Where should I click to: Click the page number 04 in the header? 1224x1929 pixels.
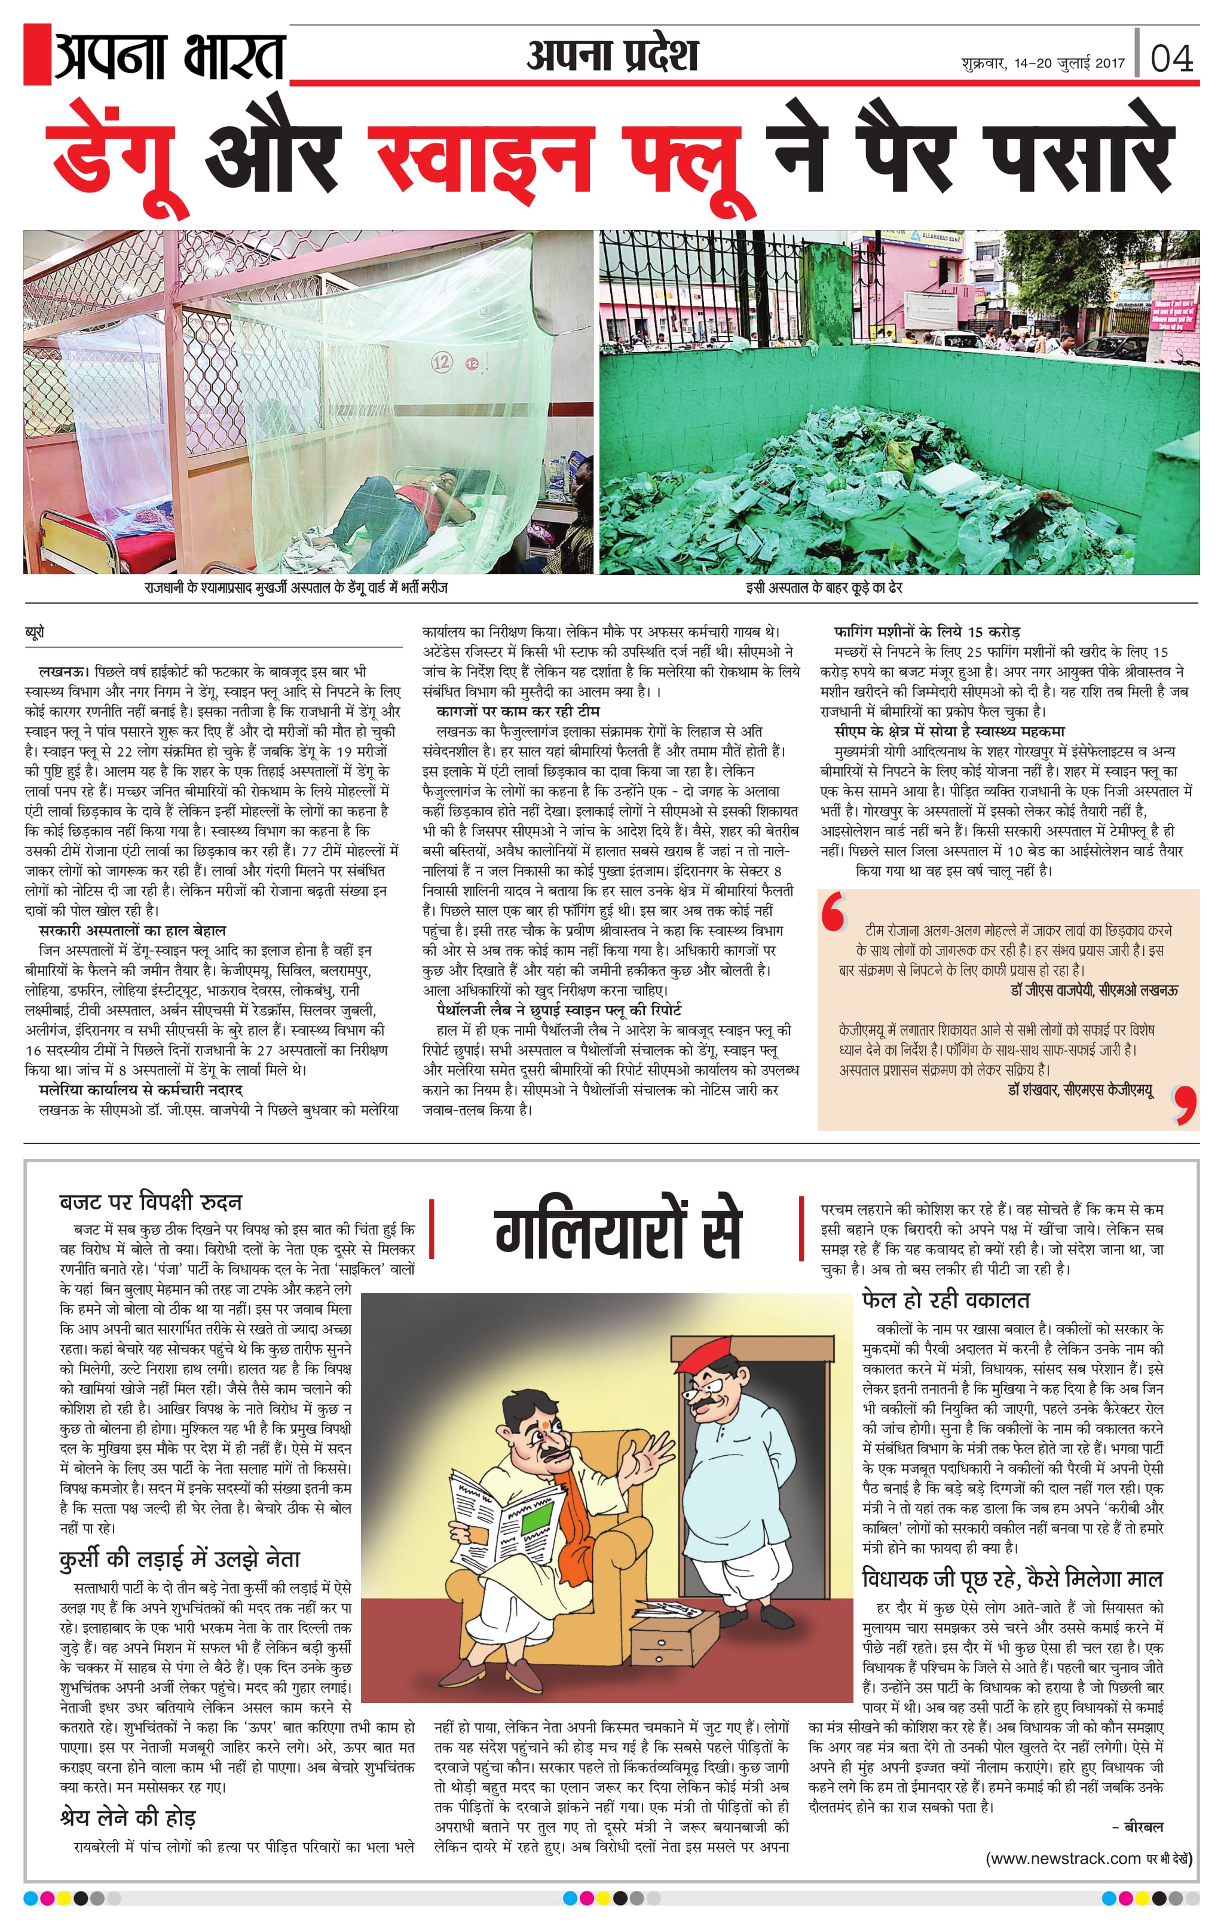pos(1171,59)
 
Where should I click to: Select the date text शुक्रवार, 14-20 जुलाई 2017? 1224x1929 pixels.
pos(1042,63)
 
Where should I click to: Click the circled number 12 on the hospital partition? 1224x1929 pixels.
pos(442,362)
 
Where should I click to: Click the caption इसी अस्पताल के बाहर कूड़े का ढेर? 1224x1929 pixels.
pos(824,588)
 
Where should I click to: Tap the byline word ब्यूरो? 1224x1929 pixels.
pos(35,632)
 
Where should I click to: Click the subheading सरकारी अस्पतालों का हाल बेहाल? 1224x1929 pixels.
pos(132,931)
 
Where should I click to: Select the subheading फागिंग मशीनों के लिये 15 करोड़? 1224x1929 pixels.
pos(927,632)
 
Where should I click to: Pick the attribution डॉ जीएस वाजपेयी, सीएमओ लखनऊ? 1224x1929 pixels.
pos(1094,991)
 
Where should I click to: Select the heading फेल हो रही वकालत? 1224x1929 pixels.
pos(945,1299)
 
